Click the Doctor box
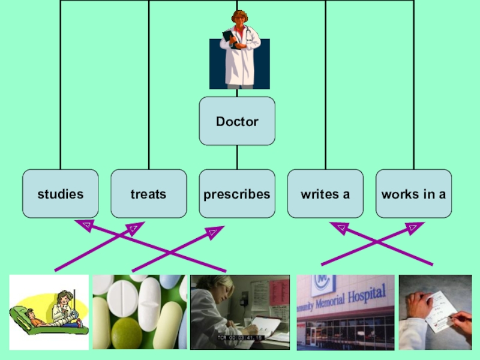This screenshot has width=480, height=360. pos(237,121)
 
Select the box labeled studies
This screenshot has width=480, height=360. pos(60,194)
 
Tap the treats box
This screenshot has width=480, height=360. pos(148,194)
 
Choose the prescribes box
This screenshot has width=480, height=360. pos(237,194)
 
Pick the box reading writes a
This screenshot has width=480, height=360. pos(325,194)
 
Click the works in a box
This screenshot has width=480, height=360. pos(413,194)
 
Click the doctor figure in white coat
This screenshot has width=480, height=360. pos(240,49)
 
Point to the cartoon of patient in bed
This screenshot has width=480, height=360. pos(49,312)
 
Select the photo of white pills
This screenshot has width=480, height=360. pos(139,312)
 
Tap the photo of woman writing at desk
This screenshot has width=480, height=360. pos(239,312)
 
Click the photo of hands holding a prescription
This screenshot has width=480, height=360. pos(435,312)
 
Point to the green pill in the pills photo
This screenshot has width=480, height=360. pos(124,334)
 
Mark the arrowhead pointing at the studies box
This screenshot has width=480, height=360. pos(85,226)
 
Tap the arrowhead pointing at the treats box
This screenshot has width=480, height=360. pos(134,228)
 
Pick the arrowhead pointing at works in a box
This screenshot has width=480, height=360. pos(413,227)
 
